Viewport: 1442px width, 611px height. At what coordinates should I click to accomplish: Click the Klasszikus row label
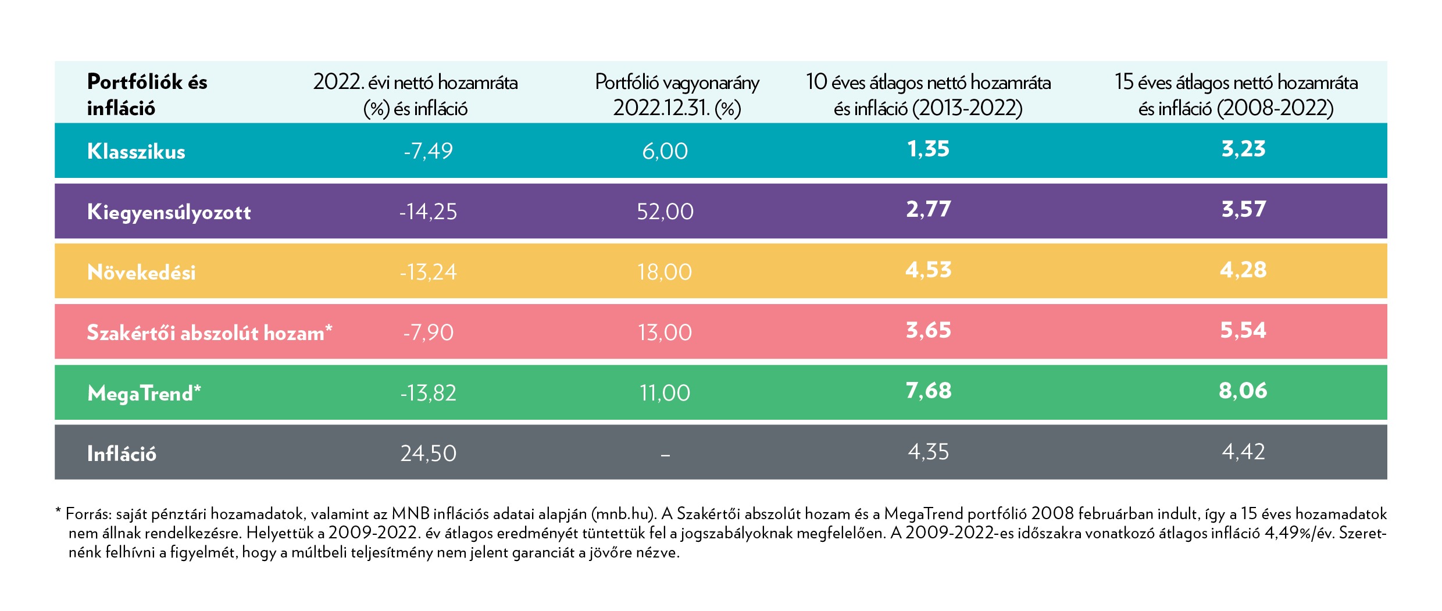136,151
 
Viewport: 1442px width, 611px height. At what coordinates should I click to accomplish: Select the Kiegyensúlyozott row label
169,212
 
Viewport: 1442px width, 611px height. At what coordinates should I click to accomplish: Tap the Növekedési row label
141,273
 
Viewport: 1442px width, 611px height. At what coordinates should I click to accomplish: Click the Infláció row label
122,454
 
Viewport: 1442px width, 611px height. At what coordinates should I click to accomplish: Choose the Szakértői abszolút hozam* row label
209,333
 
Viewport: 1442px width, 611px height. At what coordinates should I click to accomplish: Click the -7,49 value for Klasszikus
428,151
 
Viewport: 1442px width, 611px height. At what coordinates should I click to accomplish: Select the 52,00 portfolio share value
665,212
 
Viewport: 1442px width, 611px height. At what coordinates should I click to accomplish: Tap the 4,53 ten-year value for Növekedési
928,270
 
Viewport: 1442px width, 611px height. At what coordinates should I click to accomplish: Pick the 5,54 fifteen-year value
1243,331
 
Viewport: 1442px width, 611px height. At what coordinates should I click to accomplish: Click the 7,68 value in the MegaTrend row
928,391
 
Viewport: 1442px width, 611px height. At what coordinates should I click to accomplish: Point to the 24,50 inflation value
428,453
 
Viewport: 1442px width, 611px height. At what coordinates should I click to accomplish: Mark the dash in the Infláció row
665,455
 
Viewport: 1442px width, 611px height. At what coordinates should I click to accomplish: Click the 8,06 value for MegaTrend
1243,391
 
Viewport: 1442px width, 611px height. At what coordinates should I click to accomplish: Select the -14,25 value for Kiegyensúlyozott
428,212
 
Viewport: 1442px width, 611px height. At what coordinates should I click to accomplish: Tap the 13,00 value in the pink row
665,333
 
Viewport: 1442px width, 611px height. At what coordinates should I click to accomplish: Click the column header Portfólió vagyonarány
677,83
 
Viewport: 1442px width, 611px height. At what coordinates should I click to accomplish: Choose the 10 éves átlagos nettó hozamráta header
928,83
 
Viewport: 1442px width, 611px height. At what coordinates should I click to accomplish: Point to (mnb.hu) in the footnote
623,514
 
